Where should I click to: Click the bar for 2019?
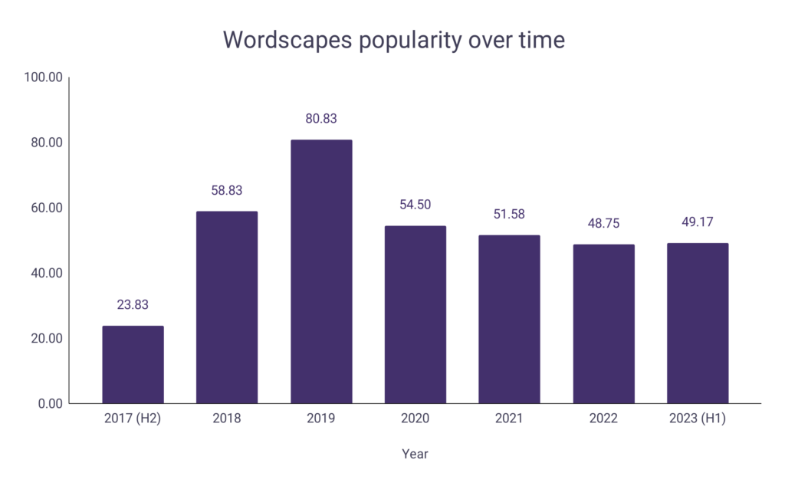tap(321, 271)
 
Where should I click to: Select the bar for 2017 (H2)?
tap(133, 365)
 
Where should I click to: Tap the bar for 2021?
tap(509, 319)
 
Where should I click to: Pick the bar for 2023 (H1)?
tap(698, 323)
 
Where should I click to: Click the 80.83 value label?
tap(321, 119)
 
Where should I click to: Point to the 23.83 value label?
tap(133, 305)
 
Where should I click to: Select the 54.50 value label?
tap(415, 205)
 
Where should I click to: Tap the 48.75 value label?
tap(603, 224)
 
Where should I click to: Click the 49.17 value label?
tap(698, 222)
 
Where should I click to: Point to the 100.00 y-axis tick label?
tap(43, 77)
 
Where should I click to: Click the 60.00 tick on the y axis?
tap(45, 208)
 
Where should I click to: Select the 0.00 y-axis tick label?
tap(49, 403)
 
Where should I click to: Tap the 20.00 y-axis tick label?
tap(45, 338)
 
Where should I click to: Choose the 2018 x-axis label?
tap(227, 419)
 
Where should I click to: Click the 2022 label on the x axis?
tap(603, 419)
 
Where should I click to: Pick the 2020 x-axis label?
tap(415, 419)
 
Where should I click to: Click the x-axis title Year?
tap(415, 454)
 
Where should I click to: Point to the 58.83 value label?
tap(227, 190)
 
